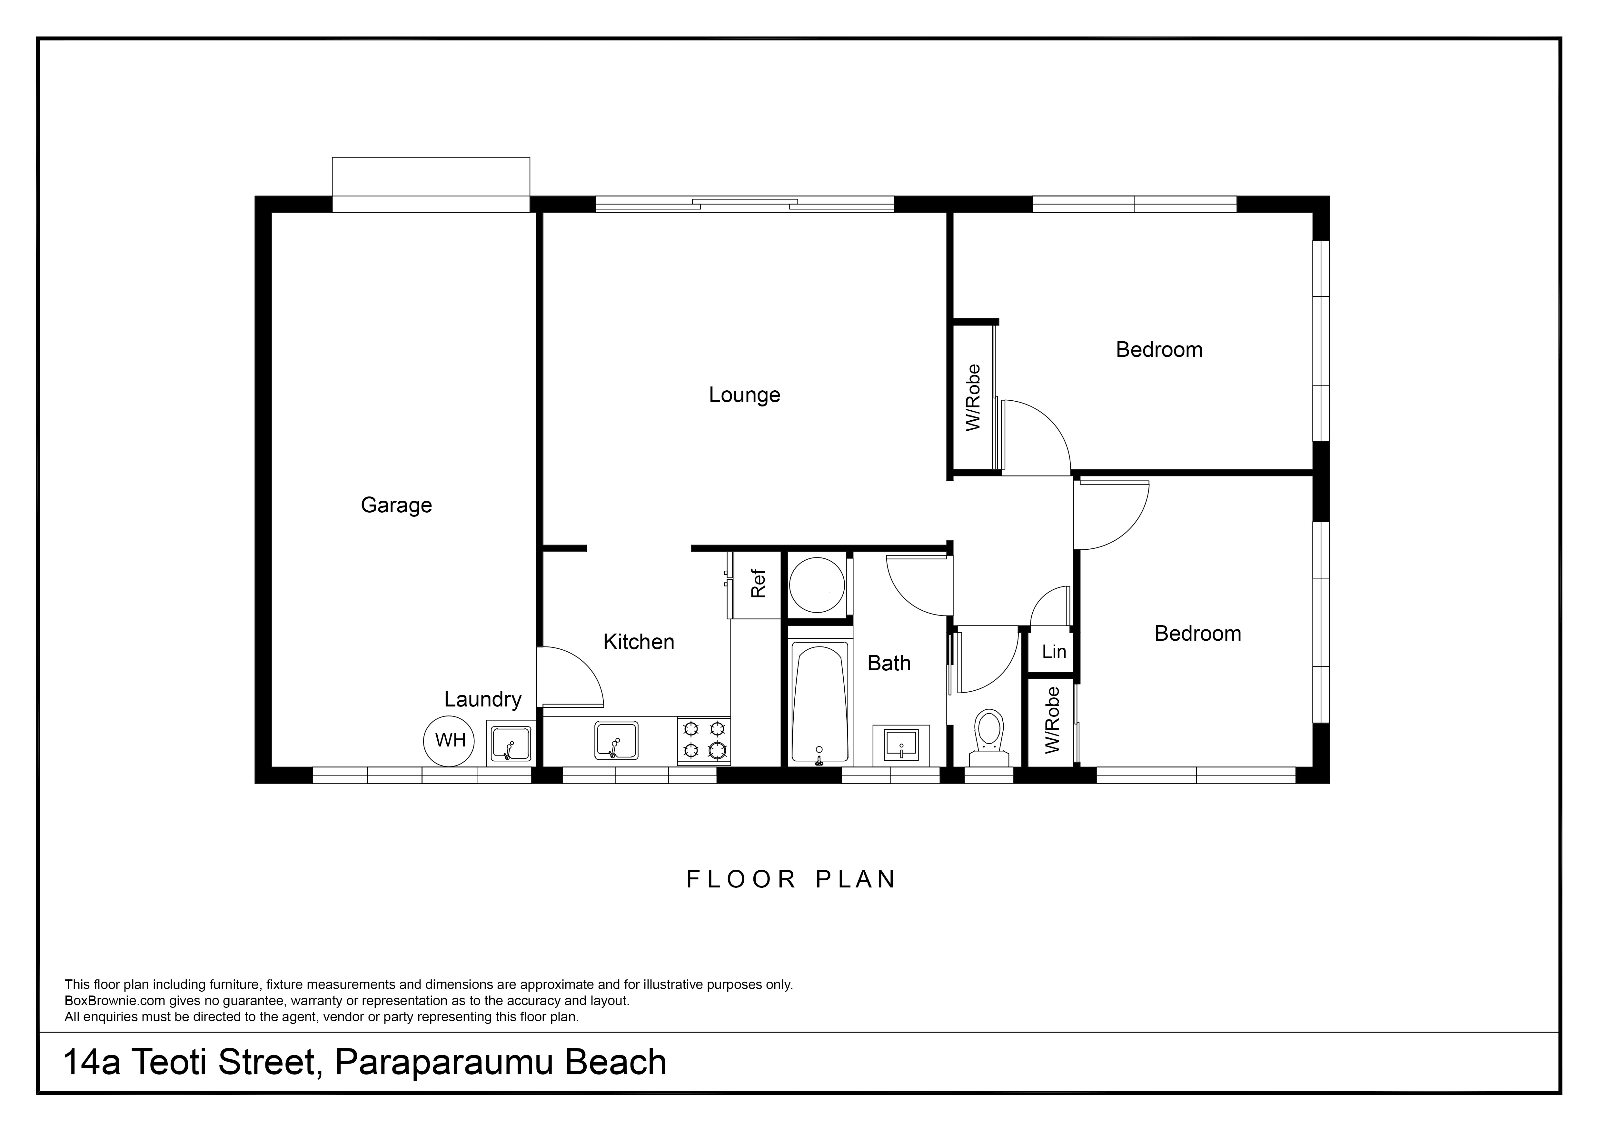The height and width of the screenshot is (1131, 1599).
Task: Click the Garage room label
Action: pyautogui.click(x=396, y=505)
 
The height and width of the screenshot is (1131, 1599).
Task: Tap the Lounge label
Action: pyautogui.click(x=744, y=395)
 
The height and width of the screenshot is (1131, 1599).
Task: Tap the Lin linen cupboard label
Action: pyautogui.click(x=1054, y=652)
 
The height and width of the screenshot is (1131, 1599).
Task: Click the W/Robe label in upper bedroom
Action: pyautogui.click(x=973, y=398)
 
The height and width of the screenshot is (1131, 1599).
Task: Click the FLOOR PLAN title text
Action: pyautogui.click(x=791, y=880)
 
